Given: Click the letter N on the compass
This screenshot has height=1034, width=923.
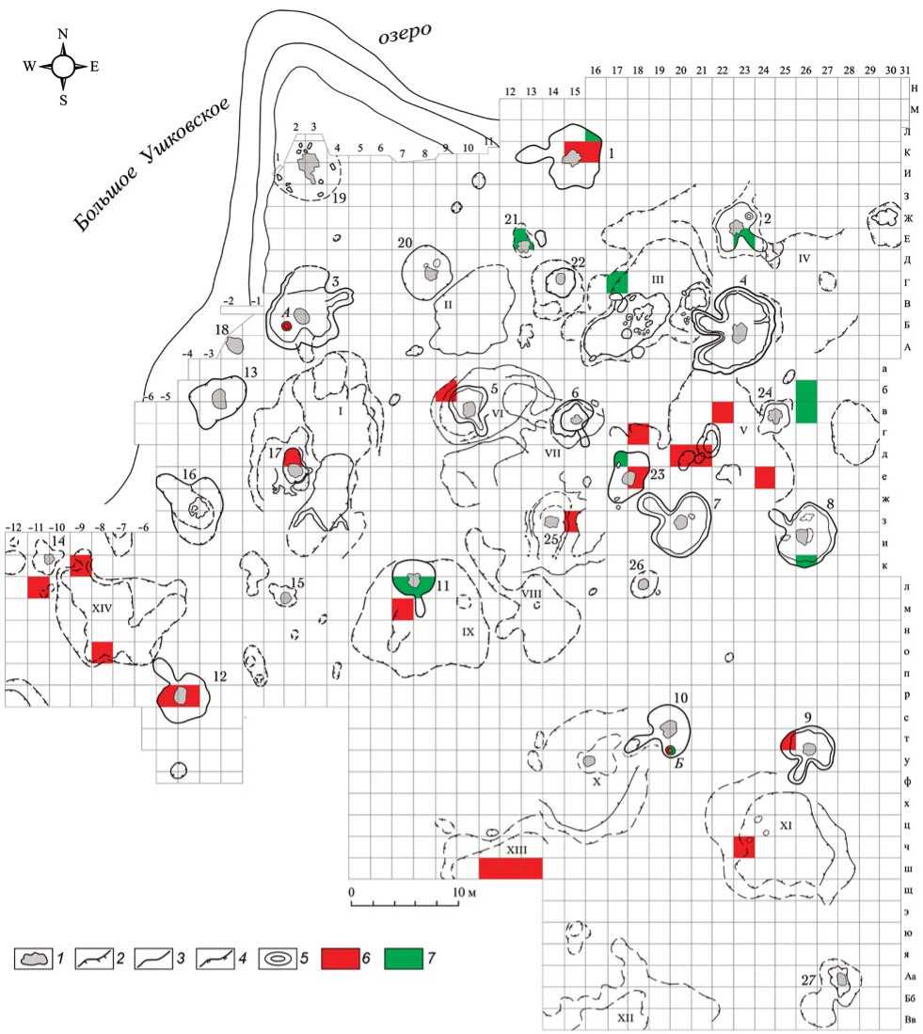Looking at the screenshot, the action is (x=63, y=34).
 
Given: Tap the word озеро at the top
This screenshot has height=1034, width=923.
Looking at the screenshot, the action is (x=405, y=37).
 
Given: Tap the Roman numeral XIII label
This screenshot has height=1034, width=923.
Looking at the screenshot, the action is (x=515, y=850).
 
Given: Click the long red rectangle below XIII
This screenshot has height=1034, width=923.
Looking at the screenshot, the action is (x=511, y=867).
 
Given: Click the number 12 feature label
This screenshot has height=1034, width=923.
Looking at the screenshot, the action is (x=220, y=676).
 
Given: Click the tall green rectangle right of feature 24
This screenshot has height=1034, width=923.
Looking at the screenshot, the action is (x=806, y=401).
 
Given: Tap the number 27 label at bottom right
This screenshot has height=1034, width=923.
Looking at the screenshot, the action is (x=808, y=980).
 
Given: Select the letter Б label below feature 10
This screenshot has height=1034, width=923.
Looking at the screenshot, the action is (x=678, y=763).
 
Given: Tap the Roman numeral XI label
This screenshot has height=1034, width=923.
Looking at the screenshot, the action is (x=788, y=825).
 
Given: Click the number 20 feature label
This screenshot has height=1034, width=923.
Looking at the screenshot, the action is (x=405, y=243).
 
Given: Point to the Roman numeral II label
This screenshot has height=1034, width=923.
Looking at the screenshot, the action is (x=449, y=305).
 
